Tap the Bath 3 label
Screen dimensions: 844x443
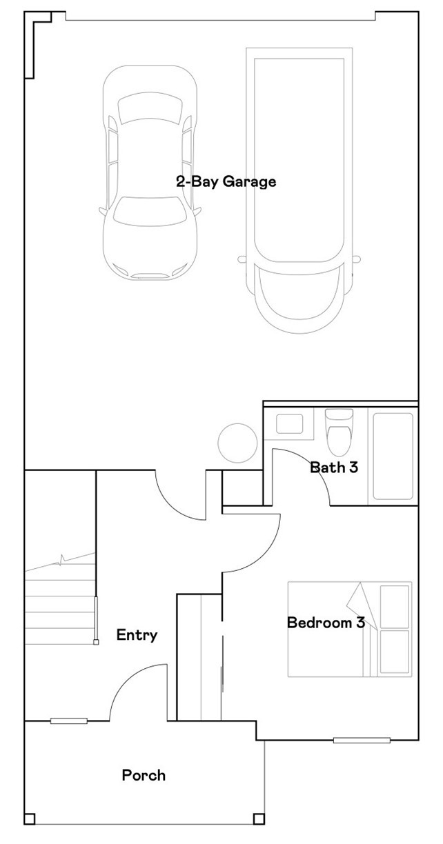[x=334, y=468]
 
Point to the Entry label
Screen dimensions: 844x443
[x=137, y=635]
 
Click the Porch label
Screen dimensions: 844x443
[x=144, y=775]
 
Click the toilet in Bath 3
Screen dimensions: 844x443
[x=338, y=431]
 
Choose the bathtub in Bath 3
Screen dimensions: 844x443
[x=393, y=456]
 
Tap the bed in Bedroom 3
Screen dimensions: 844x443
[x=349, y=629]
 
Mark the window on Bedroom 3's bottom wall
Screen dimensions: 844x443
[x=362, y=741]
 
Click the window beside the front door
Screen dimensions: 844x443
[x=68, y=721]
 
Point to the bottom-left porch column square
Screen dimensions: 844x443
[x=30, y=819]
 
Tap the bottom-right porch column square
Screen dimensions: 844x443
[x=259, y=819]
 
